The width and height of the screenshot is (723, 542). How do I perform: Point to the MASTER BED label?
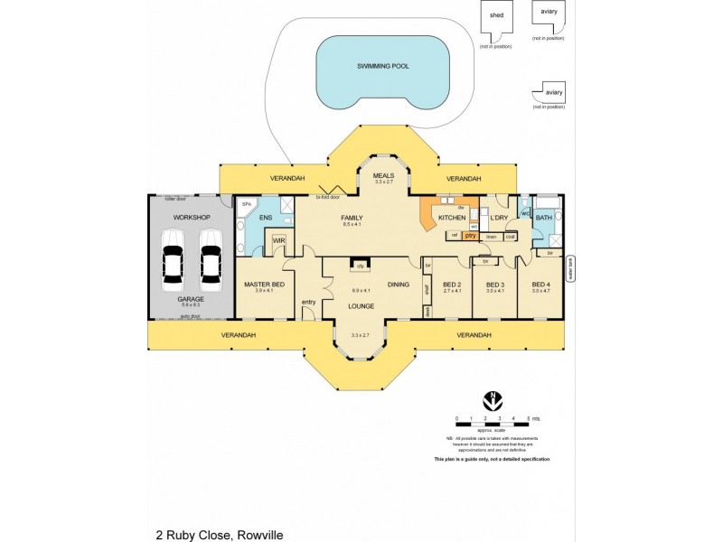point(265,285)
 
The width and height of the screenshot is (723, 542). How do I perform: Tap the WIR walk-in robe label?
point(279,241)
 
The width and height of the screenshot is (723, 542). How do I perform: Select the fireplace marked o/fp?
point(360,266)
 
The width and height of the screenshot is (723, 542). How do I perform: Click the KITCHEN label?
point(452,218)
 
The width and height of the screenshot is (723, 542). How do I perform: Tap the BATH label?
point(543,218)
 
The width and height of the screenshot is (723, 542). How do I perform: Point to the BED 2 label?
point(453,285)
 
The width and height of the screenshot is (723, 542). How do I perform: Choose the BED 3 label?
point(494,285)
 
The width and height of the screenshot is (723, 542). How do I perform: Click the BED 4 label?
point(540,285)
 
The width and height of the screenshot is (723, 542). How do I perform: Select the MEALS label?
point(385,176)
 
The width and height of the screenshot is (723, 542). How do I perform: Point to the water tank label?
point(569,271)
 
